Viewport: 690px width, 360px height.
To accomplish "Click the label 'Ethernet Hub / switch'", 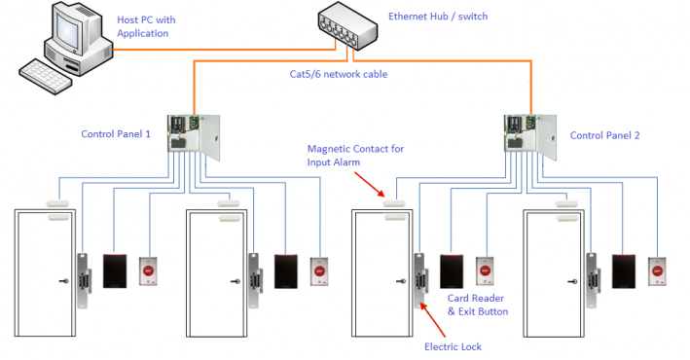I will [439, 17].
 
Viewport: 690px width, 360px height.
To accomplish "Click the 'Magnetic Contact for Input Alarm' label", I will [355, 155].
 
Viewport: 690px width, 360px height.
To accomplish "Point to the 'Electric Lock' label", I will [453, 345].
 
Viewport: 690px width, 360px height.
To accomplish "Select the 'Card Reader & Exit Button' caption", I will [477, 304].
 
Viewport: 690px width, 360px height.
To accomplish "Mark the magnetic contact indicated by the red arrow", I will [395, 203].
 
